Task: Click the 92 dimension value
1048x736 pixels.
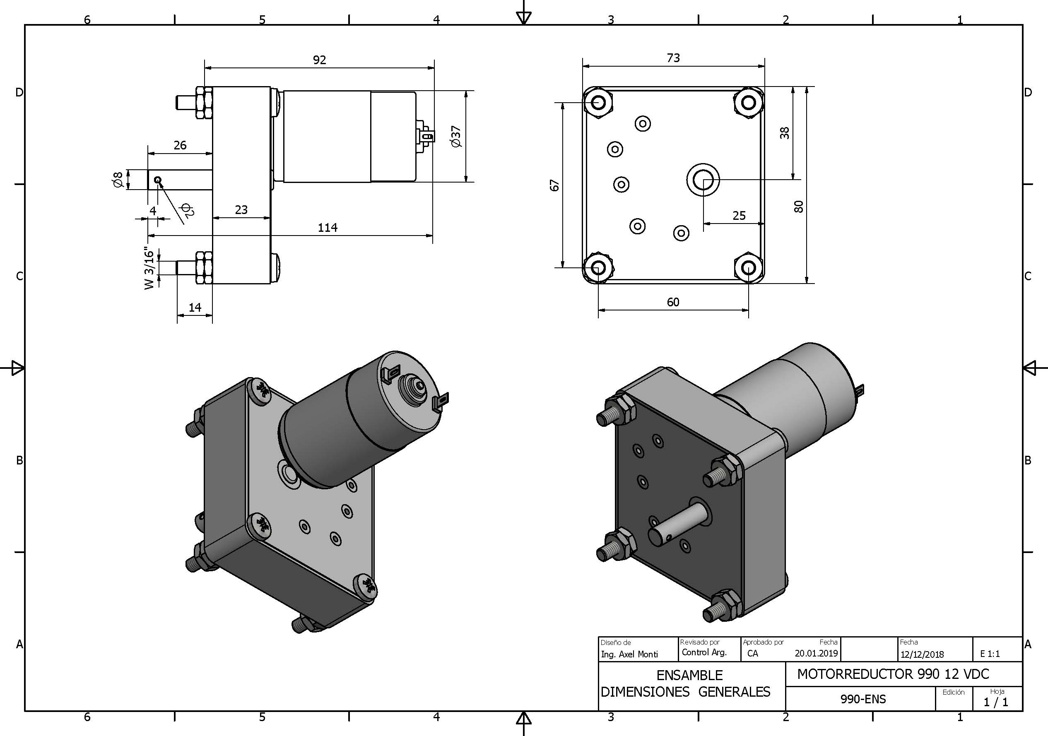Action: (x=320, y=60)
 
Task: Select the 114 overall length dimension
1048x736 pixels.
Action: (x=327, y=227)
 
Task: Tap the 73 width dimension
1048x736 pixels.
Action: (x=673, y=58)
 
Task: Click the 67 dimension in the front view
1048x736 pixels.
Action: (x=554, y=185)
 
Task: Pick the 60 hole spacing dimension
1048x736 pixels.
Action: (x=673, y=302)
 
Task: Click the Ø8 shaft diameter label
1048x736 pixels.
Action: (x=117, y=179)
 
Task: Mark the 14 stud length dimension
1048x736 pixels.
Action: (x=195, y=307)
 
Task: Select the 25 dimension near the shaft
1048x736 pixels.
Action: (x=739, y=215)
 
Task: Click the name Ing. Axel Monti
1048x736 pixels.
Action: (x=629, y=654)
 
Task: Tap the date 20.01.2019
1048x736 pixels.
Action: (x=816, y=653)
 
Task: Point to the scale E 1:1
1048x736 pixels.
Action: (x=990, y=654)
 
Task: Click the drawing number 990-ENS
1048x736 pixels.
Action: (x=862, y=699)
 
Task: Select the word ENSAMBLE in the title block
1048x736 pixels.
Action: (x=689, y=675)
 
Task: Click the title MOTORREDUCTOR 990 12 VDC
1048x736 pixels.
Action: (x=893, y=674)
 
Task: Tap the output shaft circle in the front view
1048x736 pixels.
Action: (x=703, y=180)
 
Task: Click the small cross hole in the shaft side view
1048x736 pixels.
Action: (x=158, y=180)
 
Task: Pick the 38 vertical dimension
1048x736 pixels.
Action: (x=784, y=133)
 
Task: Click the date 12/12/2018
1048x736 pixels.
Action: (x=922, y=654)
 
